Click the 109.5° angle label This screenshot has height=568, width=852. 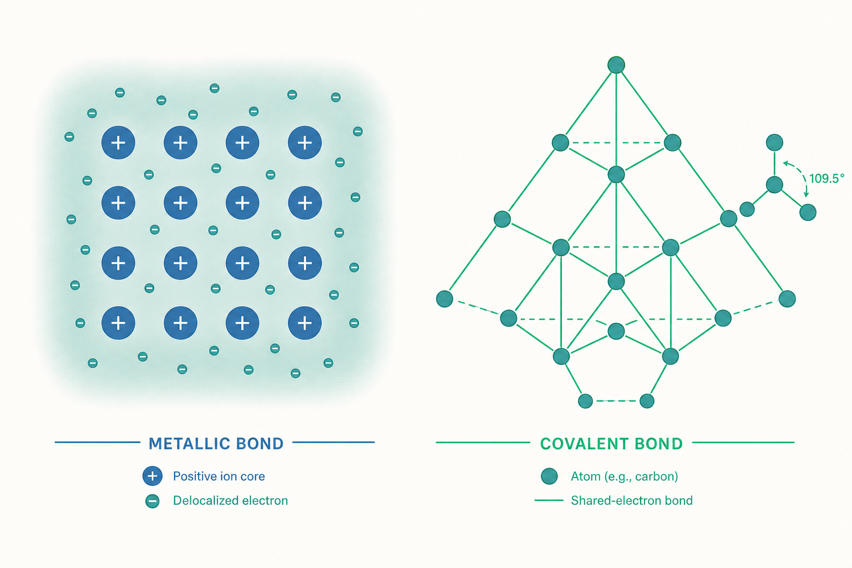click(826, 179)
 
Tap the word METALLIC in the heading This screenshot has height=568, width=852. click(189, 444)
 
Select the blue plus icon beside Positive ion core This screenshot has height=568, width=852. click(153, 476)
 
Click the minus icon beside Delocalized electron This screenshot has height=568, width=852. click(153, 501)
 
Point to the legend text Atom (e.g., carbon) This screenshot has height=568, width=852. click(624, 476)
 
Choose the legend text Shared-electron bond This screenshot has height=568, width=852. click(632, 500)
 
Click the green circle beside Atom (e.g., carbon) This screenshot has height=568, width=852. click(549, 476)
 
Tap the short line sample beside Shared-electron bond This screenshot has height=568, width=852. click(549, 500)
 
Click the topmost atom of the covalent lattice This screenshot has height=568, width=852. click(616, 65)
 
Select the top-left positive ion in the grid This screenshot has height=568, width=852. click(118, 143)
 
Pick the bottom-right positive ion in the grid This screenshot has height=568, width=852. click(305, 323)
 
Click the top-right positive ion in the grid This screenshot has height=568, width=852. click(305, 143)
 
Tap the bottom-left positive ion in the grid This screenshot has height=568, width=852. click(118, 323)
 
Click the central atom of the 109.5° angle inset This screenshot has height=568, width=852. click(774, 185)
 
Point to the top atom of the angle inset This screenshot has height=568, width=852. click(774, 143)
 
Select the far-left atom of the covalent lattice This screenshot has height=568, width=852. click(444, 298)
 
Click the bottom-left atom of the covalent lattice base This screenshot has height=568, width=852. click(585, 401)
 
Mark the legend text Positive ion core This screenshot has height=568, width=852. click(219, 476)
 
